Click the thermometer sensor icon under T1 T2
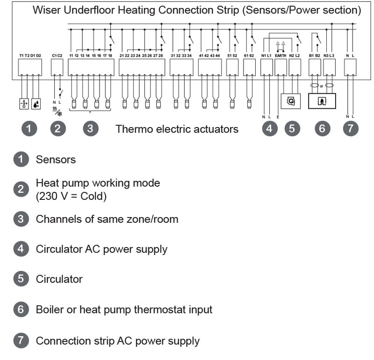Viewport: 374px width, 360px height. pyautogui.click(x=24, y=104)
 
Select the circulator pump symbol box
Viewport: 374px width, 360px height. pyautogui.click(x=291, y=100)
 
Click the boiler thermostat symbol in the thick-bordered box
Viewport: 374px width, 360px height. pyautogui.click(x=322, y=100)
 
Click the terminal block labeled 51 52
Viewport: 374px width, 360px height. pyautogui.click(x=232, y=68)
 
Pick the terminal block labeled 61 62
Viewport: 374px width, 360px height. pyautogui.click(x=249, y=68)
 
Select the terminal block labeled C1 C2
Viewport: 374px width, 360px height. pyautogui.click(x=57, y=68)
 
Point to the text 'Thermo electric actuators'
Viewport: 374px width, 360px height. pyautogui.click(x=177, y=129)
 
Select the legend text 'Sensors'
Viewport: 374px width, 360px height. pyautogui.click(x=56, y=160)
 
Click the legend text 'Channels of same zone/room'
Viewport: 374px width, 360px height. pyautogui.click(x=107, y=219)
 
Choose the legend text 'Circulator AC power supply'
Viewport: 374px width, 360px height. pyautogui.click(x=101, y=249)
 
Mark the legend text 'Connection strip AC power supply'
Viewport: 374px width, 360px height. pyautogui.click(x=117, y=341)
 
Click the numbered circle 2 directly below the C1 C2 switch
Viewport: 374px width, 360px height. pyautogui.click(x=57, y=129)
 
